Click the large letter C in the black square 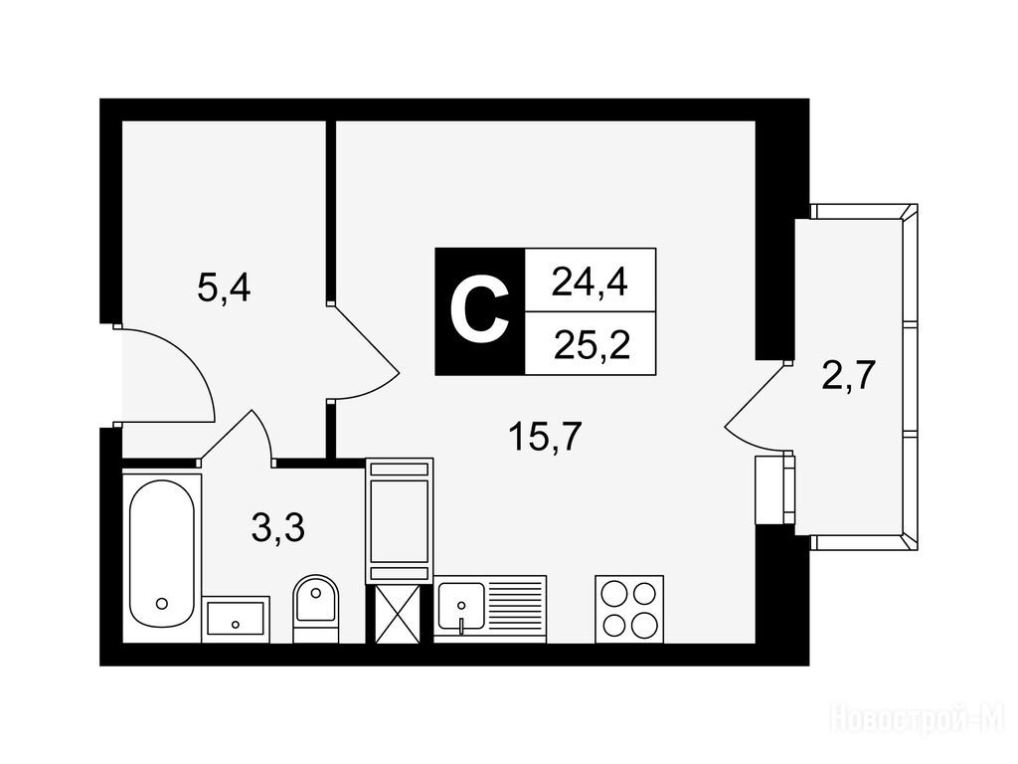pyautogui.click(x=479, y=311)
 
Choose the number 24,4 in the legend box pyautogui.click(x=590, y=284)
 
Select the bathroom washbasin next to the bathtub pyautogui.click(x=236, y=619)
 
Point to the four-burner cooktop pyautogui.click(x=628, y=609)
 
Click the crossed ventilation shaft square pyautogui.click(x=400, y=612)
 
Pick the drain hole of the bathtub pyautogui.click(x=161, y=603)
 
